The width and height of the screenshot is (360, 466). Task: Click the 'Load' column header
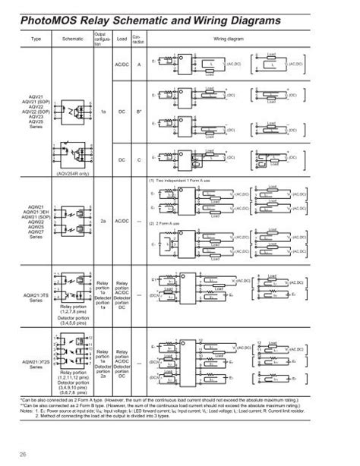point(121,39)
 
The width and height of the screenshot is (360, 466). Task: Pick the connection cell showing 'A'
point(138,65)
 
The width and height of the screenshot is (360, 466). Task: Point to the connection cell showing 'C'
point(138,159)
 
